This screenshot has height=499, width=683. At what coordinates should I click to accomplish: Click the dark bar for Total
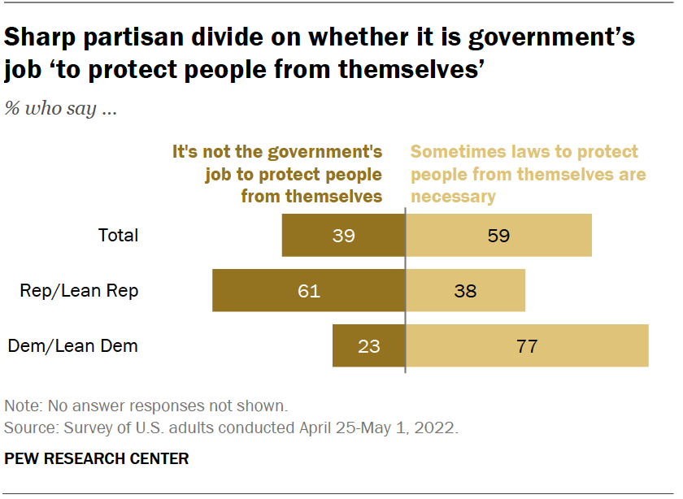343,236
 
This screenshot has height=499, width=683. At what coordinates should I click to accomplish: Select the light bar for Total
498,236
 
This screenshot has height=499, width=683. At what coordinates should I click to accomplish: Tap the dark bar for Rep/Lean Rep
308,291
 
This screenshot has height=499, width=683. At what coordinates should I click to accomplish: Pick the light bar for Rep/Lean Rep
465,291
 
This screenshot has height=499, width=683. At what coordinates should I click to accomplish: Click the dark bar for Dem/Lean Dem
368,345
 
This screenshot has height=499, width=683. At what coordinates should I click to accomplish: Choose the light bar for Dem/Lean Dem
527,345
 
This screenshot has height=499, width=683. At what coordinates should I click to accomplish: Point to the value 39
344,236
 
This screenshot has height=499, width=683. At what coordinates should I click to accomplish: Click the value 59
498,236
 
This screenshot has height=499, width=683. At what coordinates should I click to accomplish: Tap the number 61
309,291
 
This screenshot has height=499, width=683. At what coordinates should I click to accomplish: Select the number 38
465,291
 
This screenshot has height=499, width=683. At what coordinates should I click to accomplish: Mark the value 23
369,345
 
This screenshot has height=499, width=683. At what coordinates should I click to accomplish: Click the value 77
527,345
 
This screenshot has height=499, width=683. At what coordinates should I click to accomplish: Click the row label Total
118,236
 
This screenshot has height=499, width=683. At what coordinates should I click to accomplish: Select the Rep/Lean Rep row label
79,291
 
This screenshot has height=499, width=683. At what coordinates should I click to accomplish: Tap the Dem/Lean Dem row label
73,345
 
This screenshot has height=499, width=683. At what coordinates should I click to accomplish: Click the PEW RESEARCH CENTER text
97,459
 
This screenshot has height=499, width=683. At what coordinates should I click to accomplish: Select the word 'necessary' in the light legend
453,196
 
